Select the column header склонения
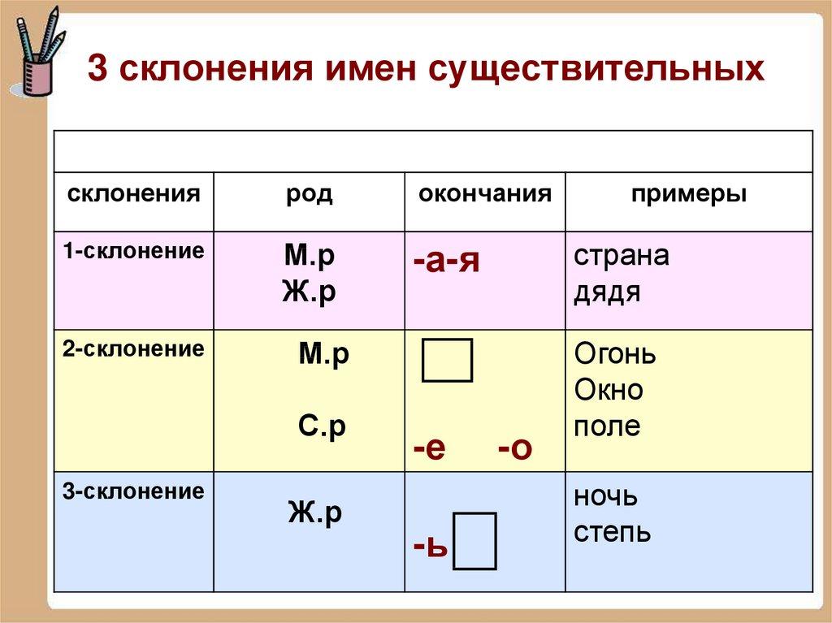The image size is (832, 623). pos(134,194)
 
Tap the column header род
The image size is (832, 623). pos(309,195)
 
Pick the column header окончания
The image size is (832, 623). pos(485,194)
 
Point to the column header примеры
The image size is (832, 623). pos(689,194)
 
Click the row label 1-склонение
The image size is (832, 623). pos(134,250)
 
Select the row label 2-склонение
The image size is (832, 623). pos(134,349)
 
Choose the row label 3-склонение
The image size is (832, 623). pos(134,491)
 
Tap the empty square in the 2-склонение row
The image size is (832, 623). pos(447,361)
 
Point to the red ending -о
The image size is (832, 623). pos(514,448)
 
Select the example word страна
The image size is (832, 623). pos(622,256)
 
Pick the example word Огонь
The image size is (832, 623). pos(615,355)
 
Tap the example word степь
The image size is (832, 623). pos(612,532)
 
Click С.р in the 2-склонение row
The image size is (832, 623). pos(322,426)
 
